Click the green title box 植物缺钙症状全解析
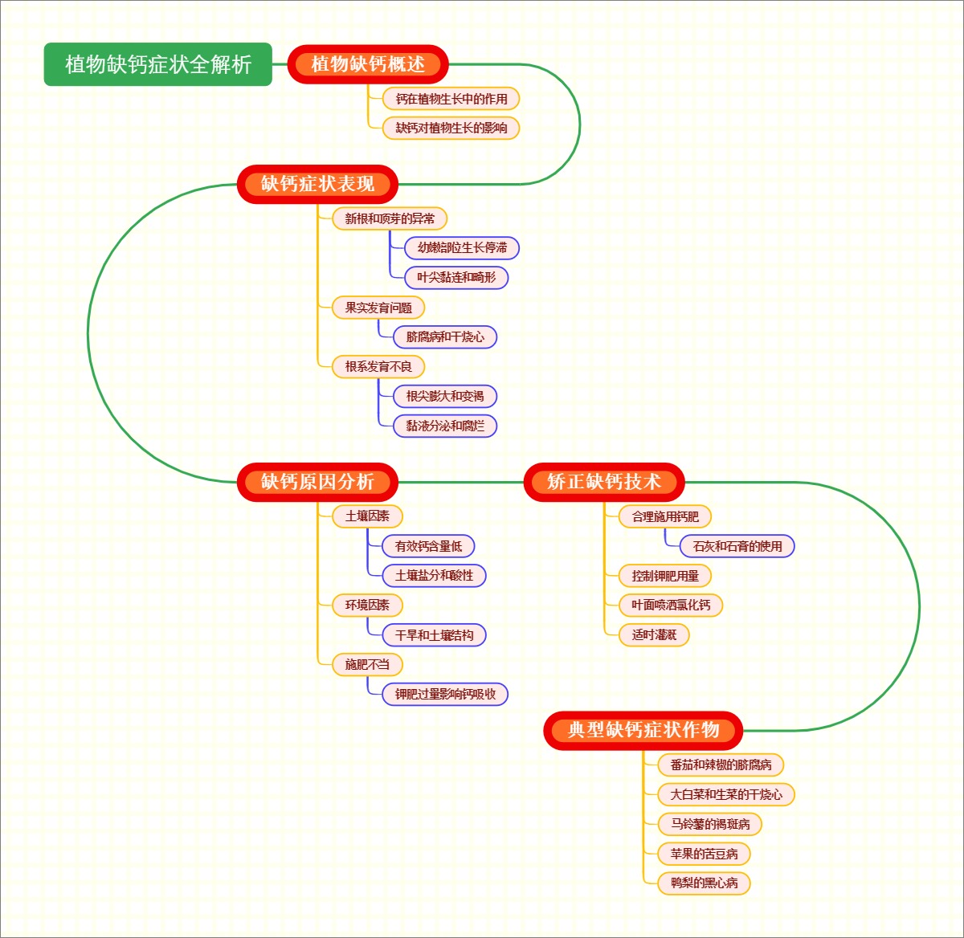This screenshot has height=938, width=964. (158, 64)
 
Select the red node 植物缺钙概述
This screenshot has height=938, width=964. (368, 64)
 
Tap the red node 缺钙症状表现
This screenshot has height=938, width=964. (317, 184)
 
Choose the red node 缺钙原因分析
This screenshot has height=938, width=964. (317, 482)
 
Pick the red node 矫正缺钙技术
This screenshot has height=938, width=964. (604, 482)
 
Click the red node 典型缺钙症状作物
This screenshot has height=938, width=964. (643, 730)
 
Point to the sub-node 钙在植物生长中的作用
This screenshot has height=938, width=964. (451, 99)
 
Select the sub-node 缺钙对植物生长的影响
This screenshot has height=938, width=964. (451, 128)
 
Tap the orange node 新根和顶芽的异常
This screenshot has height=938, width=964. (390, 218)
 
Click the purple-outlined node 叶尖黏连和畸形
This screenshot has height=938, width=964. (456, 278)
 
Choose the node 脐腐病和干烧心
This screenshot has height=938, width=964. (445, 337)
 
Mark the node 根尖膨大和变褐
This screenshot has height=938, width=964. (445, 397)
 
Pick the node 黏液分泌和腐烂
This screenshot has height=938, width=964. (445, 426)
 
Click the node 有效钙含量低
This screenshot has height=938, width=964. (428, 546)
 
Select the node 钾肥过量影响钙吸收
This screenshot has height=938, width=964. (445, 694)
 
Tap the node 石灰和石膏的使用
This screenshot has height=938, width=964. (737, 546)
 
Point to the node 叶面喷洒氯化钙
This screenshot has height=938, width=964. (671, 605)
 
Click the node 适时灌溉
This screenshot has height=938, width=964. (654, 634)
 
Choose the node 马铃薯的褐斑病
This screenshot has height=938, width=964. (710, 824)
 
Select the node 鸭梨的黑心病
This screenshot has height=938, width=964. (704, 883)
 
